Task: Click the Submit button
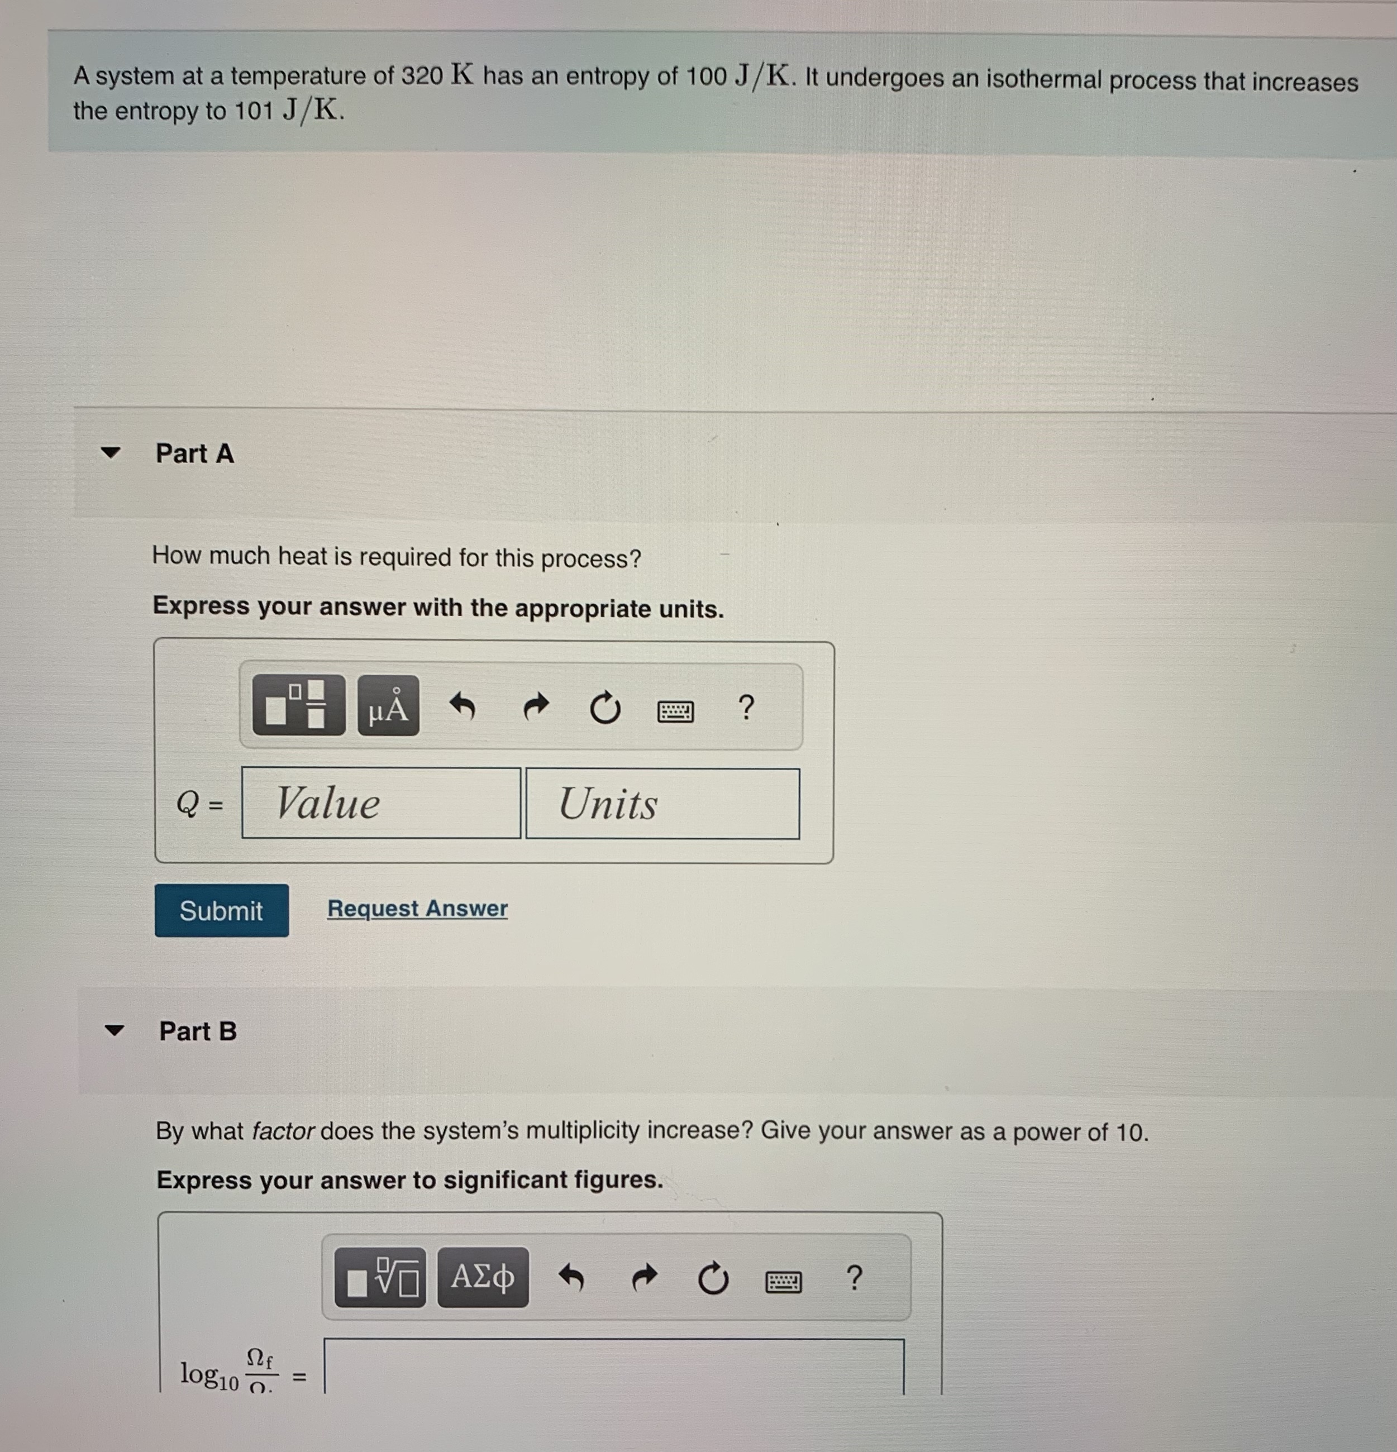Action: (222, 910)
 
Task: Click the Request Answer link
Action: (417, 908)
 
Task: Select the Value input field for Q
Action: (381, 803)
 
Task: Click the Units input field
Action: (662, 804)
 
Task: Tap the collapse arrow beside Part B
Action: (114, 1030)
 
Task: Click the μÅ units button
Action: (388, 706)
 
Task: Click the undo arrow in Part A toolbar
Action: (463, 706)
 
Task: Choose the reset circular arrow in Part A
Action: (605, 708)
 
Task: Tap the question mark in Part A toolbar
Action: (746, 708)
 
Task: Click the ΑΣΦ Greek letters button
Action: (483, 1277)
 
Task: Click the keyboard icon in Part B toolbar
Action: (783, 1282)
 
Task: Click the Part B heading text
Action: (198, 1031)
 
